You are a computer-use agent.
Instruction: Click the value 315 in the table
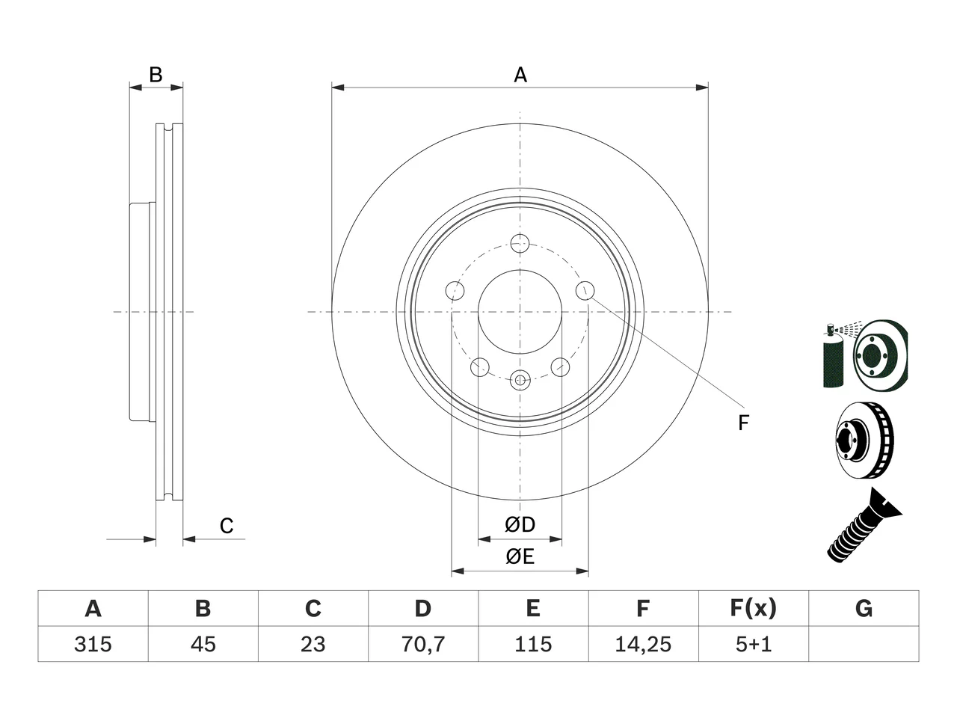93,644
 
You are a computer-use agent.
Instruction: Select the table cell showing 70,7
423,644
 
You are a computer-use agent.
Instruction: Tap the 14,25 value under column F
643,644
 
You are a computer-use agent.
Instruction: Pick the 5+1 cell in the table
754,644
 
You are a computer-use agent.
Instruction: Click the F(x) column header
754,608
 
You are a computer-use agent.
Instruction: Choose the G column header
864,608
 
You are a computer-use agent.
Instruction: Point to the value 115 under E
533,644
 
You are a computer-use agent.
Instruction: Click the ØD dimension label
520,524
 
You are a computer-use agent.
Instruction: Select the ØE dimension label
520,556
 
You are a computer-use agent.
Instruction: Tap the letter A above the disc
520,75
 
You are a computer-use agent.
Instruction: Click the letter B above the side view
156,75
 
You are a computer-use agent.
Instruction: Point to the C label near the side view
227,526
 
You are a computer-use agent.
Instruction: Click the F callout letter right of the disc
743,423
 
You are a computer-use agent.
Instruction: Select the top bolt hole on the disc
520,243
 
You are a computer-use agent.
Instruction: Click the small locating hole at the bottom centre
520,380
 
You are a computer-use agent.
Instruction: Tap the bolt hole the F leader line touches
585,290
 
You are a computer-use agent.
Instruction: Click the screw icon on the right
864,526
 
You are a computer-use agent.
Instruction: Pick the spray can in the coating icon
833,356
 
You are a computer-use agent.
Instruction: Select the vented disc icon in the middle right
864,441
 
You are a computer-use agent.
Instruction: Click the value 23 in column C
313,644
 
